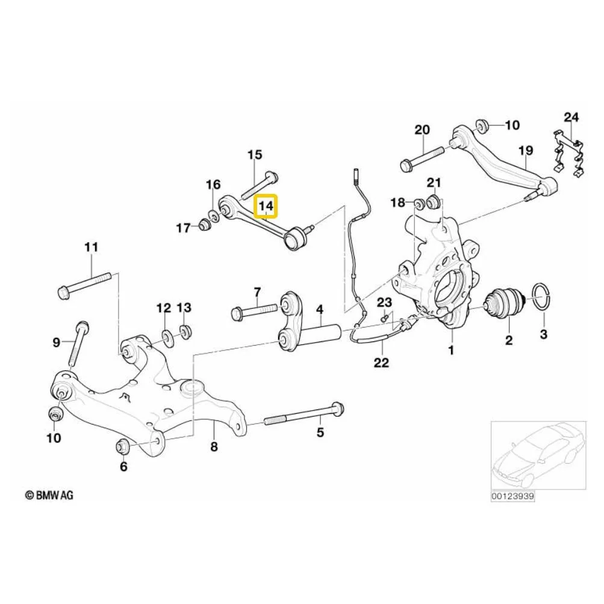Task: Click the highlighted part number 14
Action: coord(266,206)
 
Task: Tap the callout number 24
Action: coord(571,117)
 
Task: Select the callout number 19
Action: coord(526,150)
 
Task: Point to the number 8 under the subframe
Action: coord(214,446)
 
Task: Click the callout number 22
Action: coord(381,363)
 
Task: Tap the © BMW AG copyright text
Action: coord(49,495)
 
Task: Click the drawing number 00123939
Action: coord(512,496)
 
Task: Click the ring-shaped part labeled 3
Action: coord(541,297)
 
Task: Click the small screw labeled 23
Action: coord(384,319)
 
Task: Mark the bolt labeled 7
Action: coord(254,310)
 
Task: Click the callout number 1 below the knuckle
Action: coord(450,350)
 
